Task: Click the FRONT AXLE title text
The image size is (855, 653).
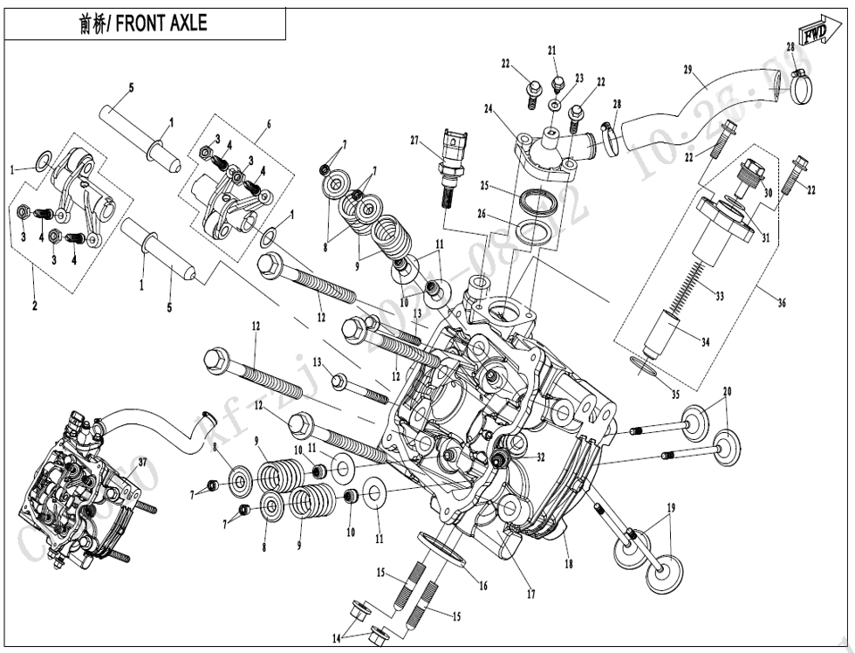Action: tap(144, 24)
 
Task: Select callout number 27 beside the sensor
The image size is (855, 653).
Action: tap(415, 140)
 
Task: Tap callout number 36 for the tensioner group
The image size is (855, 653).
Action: tap(782, 302)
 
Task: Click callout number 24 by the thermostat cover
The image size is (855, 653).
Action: tap(489, 109)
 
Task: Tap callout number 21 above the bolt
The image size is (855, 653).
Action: tap(552, 49)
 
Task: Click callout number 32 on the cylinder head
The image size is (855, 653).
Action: tap(541, 456)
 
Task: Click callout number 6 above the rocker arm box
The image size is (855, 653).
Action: tap(269, 124)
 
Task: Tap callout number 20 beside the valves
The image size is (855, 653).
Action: tap(727, 390)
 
